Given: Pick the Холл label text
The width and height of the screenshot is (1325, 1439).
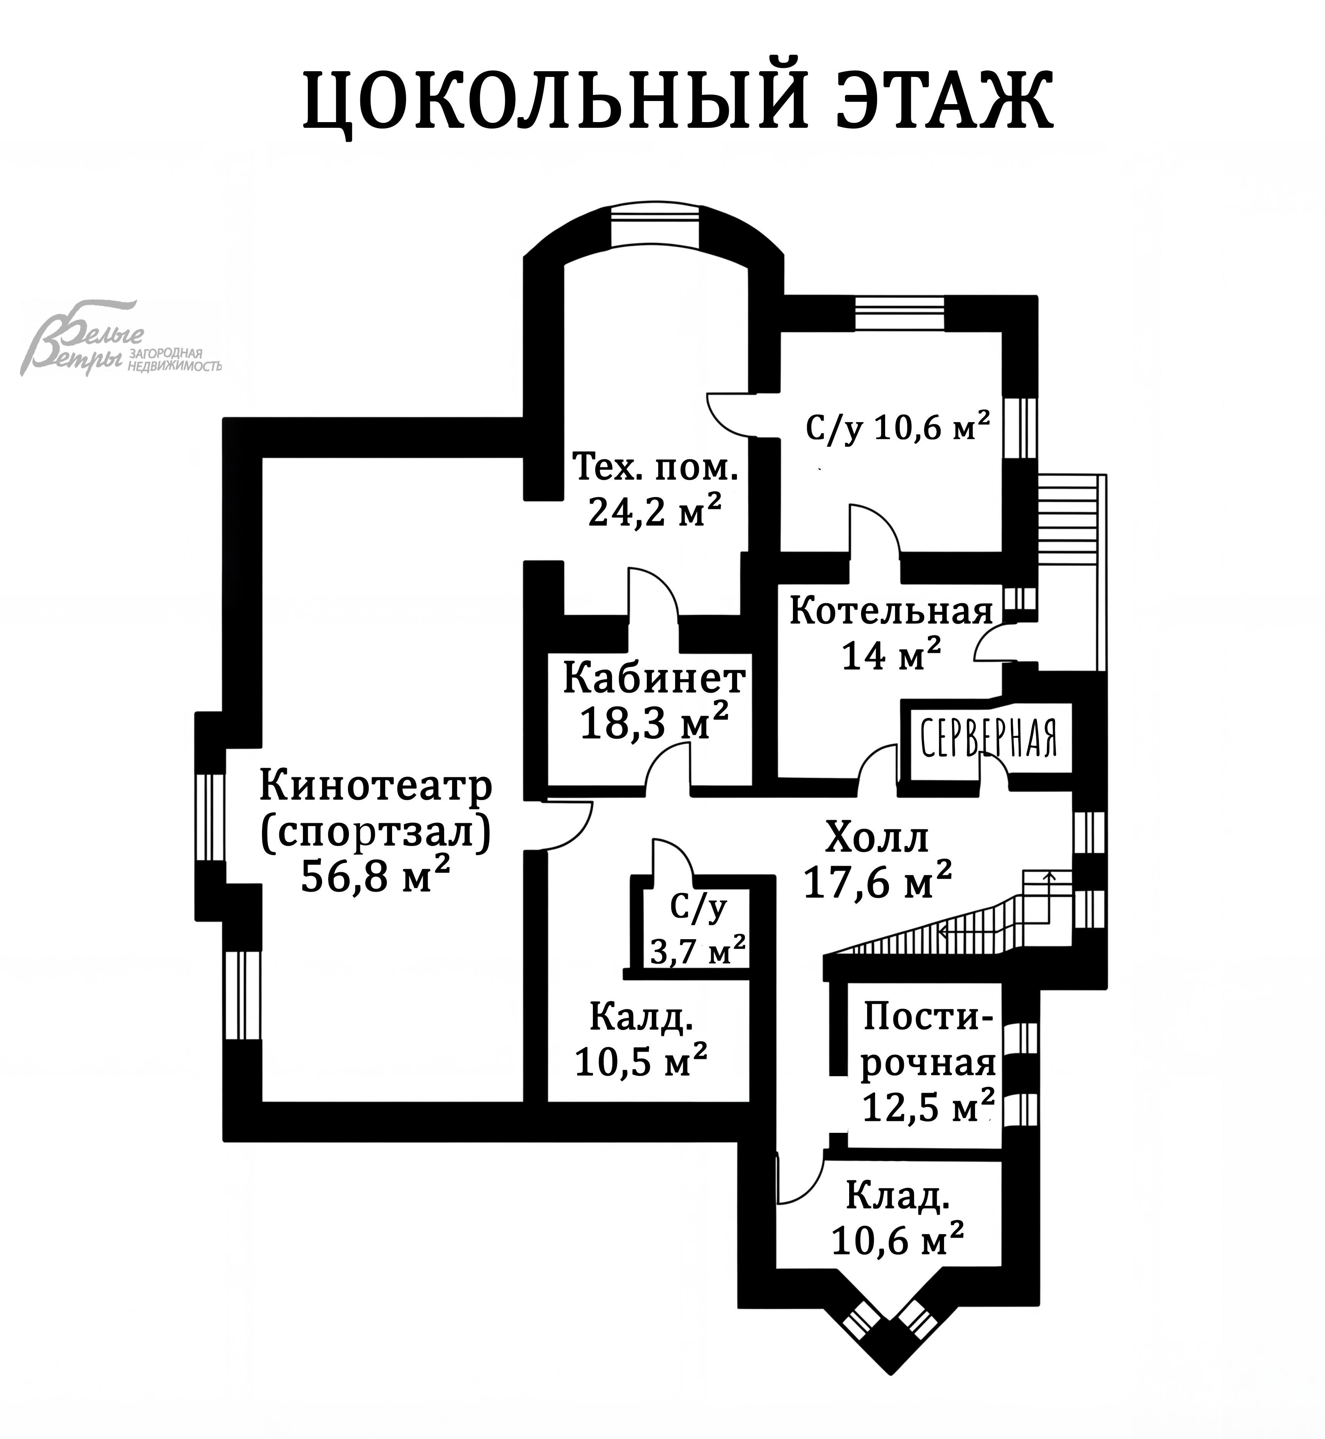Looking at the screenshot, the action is point(876,837).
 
